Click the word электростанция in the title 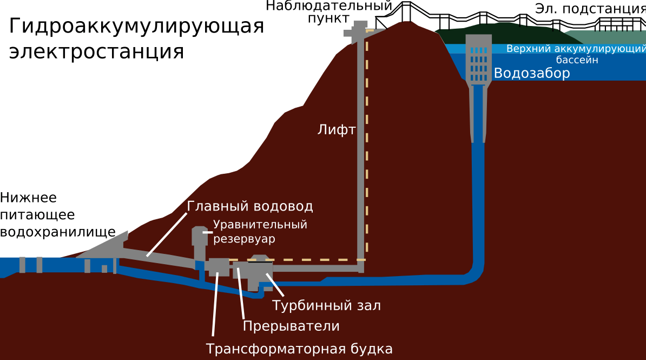[x=96, y=52]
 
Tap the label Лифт [x=336, y=130]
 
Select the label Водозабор [x=532, y=74]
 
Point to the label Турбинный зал [x=326, y=305]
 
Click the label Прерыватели [x=291, y=326]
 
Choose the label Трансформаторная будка [x=299, y=349]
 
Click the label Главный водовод [x=250, y=206]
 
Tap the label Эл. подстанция [x=590, y=9]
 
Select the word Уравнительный [x=260, y=225]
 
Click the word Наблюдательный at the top [x=328, y=6]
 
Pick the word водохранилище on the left [x=58, y=232]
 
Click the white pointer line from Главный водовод [x=166, y=233]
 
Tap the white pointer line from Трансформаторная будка [x=215, y=303]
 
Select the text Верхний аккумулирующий [x=576, y=49]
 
